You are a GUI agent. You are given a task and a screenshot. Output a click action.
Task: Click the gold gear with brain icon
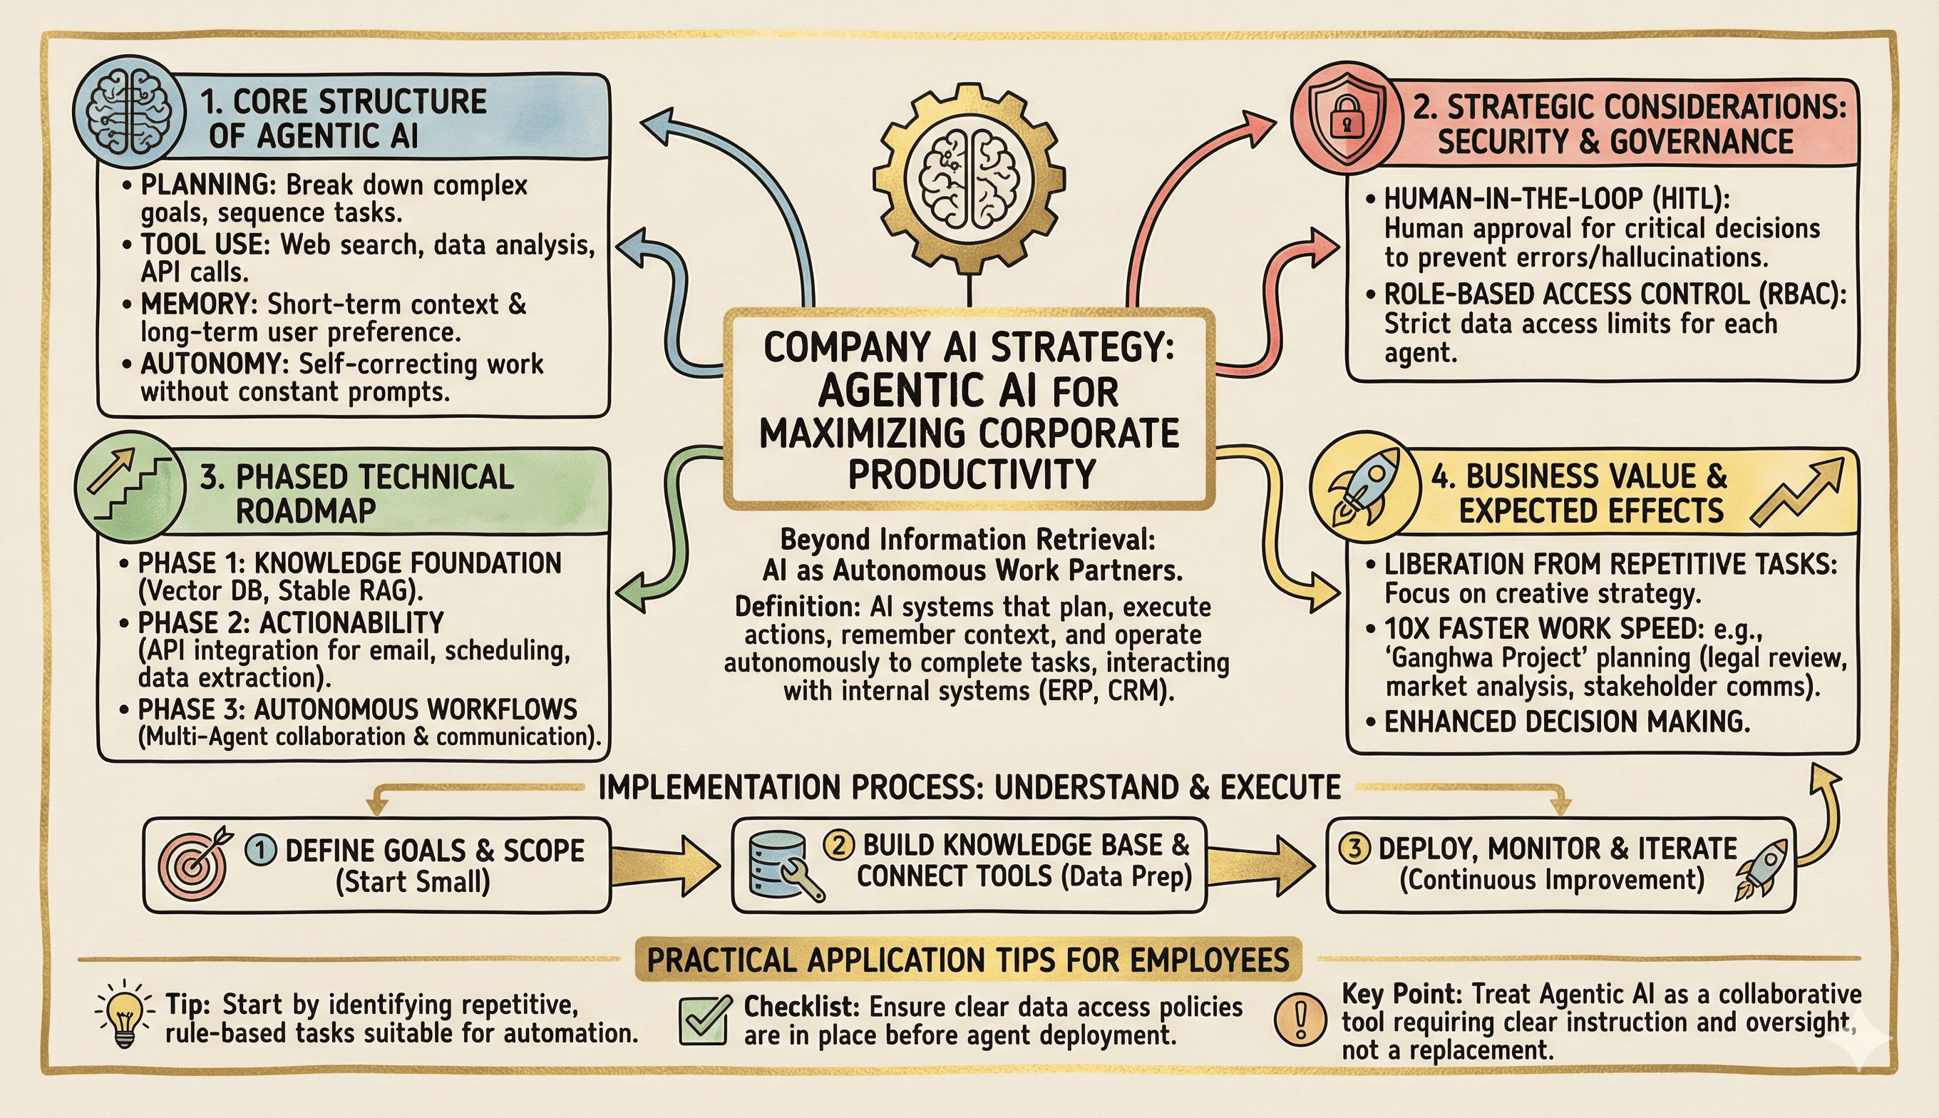click(x=969, y=178)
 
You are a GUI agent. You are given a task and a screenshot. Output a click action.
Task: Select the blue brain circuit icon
click(x=129, y=111)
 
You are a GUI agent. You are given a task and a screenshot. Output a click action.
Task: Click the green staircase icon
click(x=129, y=486)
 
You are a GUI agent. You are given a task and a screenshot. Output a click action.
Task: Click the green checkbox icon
click(x=703, y=1020)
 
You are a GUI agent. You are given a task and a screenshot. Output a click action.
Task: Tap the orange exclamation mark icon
click(x=1300, y=1019)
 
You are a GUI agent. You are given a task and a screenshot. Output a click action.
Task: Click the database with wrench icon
click(x=783, y=864)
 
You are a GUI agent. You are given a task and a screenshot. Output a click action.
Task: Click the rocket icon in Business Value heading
click(x=1364, y=486)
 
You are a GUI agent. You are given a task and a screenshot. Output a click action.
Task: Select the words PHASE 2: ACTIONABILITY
click(x=291, y=622)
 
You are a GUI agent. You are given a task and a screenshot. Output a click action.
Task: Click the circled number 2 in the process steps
click(x=838, y=845)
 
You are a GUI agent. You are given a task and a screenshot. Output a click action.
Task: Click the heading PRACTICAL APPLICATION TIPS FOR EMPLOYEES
click(x=968, y=960)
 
